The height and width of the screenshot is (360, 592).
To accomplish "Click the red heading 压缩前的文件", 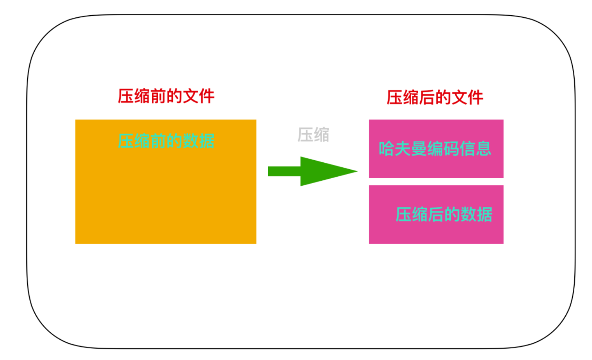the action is tap(166, 96).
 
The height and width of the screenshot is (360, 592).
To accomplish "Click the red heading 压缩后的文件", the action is tap(435, 97).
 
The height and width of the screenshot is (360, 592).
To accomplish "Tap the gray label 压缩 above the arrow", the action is tap(313, 134).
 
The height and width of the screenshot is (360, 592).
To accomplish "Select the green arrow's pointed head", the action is tap(329, 171).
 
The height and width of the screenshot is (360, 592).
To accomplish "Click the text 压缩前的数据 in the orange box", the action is tap(166, 141).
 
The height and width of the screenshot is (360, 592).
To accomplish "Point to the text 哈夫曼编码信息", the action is tap(435, 149).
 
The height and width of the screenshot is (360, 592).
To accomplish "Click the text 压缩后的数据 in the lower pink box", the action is tap(444, 214).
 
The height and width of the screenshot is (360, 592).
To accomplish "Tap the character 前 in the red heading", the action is tap(158, 96).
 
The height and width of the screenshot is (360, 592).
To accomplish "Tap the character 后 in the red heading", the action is tap(427, 97).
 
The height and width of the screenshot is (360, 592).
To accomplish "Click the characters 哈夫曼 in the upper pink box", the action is tap(403, 149).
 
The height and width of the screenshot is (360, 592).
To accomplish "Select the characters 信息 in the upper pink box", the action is tap(476, 149).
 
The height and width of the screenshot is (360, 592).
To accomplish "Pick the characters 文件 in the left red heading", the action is tap(198, 96).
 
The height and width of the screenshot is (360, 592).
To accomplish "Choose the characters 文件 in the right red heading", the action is tap(468, 97).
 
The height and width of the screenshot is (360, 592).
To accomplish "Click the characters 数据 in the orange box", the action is tap(198, 141).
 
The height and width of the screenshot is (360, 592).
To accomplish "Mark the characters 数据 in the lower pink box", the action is tap(476, 214).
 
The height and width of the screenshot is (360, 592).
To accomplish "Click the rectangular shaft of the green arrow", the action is tap(284, 171).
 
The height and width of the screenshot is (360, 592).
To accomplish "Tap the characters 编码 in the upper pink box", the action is tap(443, 149).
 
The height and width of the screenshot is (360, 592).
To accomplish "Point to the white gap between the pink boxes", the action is tap(436, 181).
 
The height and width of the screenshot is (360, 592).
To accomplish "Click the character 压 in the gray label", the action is tap(305, 134).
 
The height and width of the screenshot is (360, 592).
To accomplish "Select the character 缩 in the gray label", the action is tap(322, 134).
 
